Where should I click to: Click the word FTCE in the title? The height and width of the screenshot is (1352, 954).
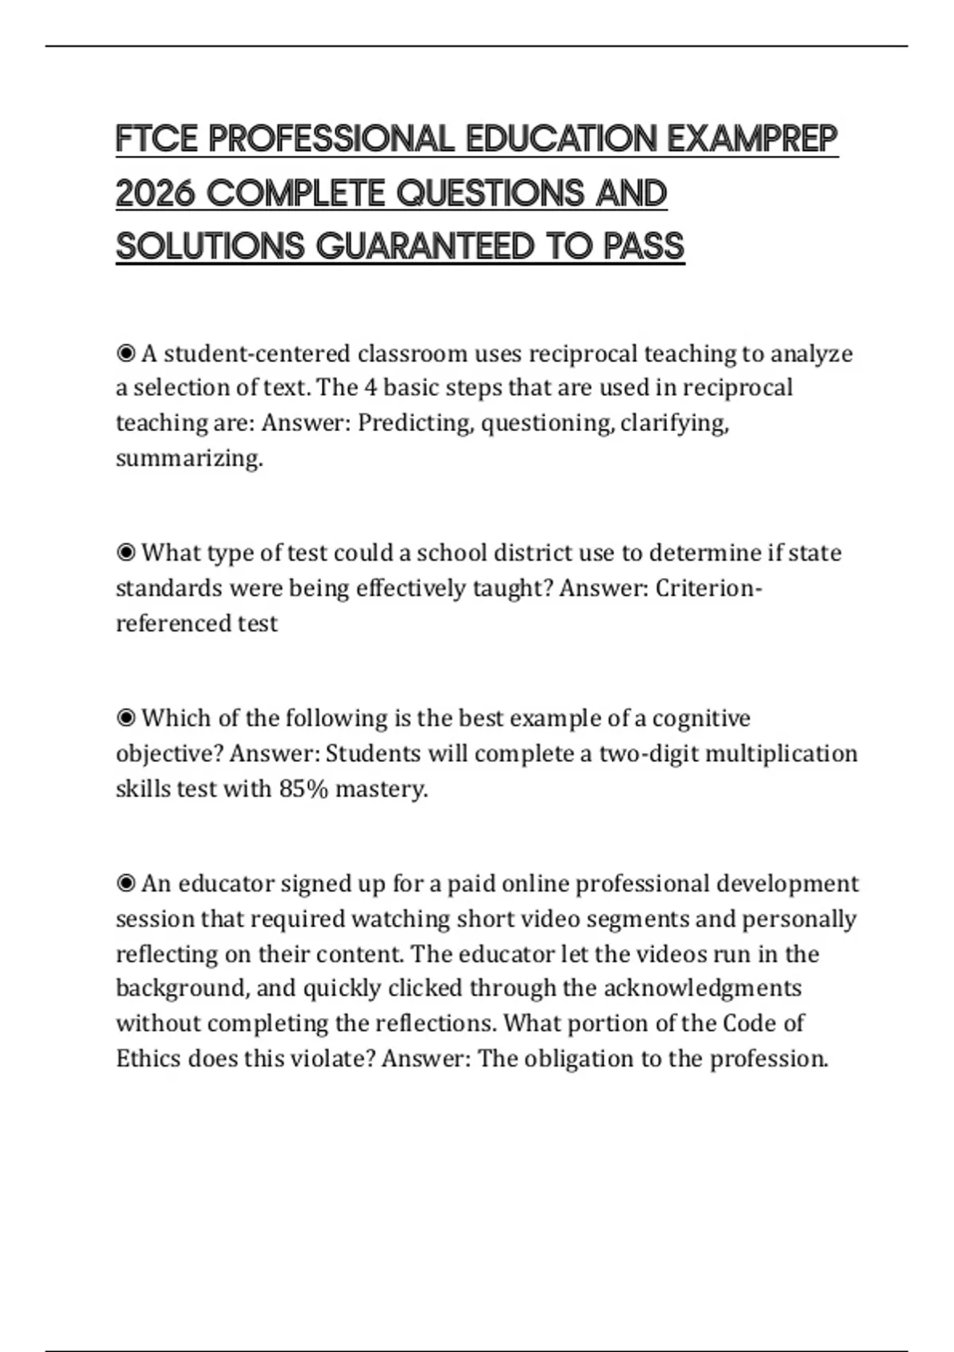point(157,139)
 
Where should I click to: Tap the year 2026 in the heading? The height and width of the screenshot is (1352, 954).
point(155,193)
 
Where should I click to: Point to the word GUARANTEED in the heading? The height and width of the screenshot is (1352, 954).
point(425,247)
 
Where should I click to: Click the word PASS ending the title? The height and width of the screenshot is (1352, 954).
point(643,247)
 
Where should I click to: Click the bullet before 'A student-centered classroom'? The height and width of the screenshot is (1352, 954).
point(126,353)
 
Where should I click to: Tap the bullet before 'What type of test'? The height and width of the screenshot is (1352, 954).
point(126,553)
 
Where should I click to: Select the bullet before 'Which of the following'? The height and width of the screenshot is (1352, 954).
point(126,718)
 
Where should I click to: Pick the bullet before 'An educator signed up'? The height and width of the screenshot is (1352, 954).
point(126,884)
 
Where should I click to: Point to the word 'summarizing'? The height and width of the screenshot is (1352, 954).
point(188,458)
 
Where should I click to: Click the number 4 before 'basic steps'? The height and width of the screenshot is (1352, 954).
point(370,388)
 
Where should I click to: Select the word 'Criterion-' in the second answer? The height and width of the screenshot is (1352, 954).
point(708,589)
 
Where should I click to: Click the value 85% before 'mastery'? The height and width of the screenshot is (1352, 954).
point(304,789)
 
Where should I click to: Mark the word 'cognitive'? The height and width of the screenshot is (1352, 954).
point(700,719)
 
